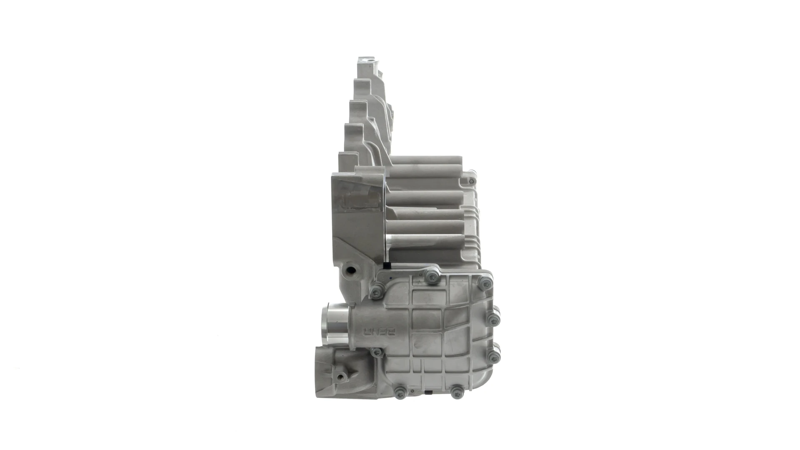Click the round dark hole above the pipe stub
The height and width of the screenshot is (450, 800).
[351, 270]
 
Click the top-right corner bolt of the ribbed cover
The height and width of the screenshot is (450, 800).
[485, 284]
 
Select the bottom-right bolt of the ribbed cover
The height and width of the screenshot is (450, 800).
[457, 392]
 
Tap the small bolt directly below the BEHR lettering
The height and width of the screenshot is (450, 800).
[377, 353]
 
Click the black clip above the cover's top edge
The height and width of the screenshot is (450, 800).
[387, 265]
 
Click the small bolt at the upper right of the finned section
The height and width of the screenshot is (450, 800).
[471, 181]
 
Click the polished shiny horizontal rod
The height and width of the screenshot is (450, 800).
[421, 239]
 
